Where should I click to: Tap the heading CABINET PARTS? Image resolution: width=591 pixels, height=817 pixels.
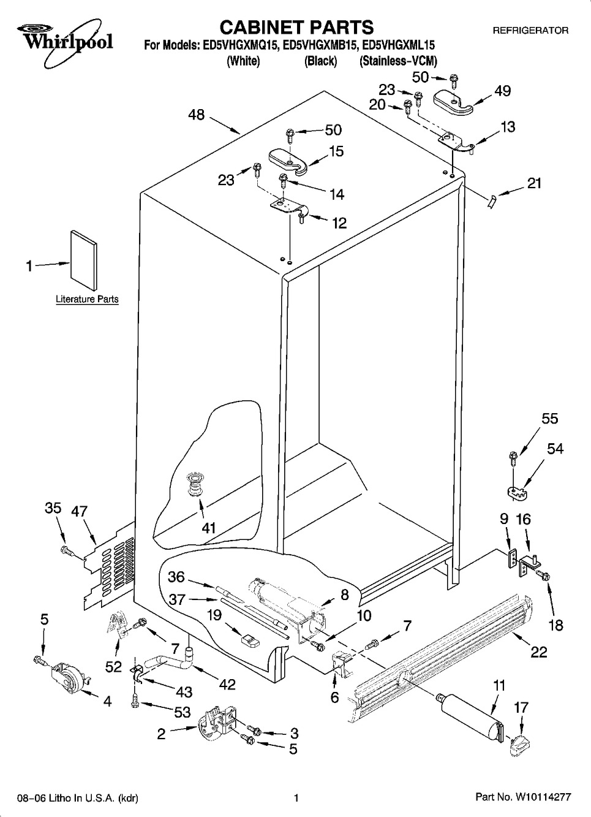tap(296, 27)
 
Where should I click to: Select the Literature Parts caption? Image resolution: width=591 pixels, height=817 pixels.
tap(87, 300)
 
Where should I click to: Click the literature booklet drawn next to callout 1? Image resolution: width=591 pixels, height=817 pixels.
tap(83, 260)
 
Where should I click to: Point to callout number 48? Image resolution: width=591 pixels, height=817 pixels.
tap(196, 115)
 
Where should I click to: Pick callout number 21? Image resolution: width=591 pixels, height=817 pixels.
tap(534, 183)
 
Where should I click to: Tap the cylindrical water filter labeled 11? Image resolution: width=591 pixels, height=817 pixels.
tap(469, 712)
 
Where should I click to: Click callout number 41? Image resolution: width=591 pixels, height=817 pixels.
tap(209, 527)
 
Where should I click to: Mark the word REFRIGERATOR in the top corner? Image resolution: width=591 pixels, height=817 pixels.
tap(530, 30)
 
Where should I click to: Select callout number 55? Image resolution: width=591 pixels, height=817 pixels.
tap(550, 418)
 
